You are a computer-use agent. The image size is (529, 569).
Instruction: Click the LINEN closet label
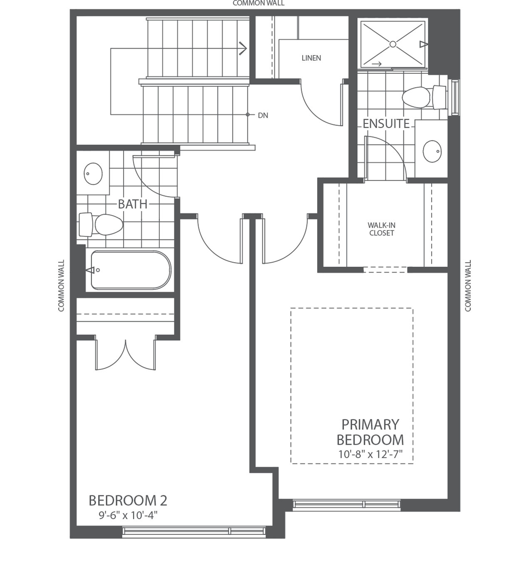click(311, 58)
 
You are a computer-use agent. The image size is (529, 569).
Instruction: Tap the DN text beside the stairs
click(263, 116)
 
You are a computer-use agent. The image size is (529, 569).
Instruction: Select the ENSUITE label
click(386, 124)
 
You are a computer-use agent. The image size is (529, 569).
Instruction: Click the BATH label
click(133, 204)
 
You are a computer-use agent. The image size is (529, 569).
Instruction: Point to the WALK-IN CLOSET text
click(381, 229)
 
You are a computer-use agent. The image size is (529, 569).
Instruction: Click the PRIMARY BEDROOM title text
click(370, 432)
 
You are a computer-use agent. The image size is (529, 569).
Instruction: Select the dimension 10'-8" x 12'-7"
click(370, 454)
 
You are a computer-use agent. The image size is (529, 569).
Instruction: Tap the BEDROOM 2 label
click(128, 500)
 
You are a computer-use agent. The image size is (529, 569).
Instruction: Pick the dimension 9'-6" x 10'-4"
click(128, 516)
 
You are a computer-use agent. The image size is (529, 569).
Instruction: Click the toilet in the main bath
click(102, 224)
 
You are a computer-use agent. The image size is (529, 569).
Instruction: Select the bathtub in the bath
click(131, 270)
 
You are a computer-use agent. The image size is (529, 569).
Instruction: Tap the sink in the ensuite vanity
click(432, 151)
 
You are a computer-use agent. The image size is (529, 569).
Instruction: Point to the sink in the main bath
click(93, 174)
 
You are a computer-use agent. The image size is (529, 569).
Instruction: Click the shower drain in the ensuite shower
click(393, 44)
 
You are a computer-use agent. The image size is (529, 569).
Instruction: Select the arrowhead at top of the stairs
click(243, 48)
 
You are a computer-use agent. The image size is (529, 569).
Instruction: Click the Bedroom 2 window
click(194, 531)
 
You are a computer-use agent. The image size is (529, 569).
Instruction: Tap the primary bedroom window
click(347, 504)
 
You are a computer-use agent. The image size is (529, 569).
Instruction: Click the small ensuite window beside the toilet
click(456, 97)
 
